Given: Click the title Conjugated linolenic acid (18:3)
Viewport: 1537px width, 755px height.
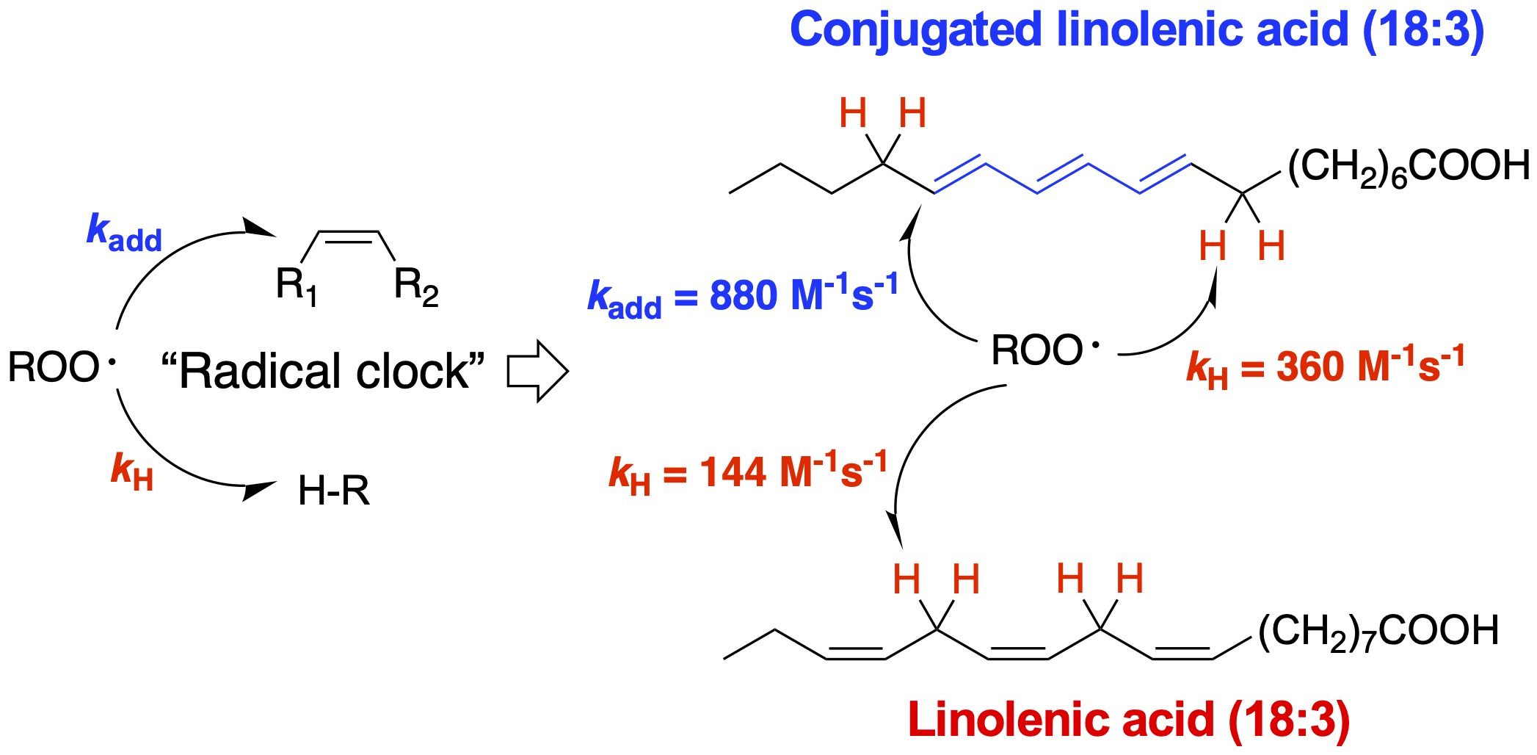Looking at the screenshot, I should pyautogui.click(x=1136, y=31).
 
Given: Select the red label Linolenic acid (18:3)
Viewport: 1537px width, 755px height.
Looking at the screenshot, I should pyautogui.click(x=1128, y=720).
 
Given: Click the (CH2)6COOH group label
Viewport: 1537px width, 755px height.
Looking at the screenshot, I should pyautogui.click(x=1408, y=166).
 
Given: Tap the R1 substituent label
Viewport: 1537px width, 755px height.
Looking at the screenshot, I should pyautogui.click(x=296, y=285).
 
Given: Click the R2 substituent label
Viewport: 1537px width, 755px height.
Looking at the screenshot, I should pyautogui.click(x=415, y=285).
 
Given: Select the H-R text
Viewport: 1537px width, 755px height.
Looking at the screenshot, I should pyautogui.click(x=333, y=491).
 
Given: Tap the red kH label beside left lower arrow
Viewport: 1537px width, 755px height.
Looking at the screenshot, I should pyautogui.click(x=131, y=471).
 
